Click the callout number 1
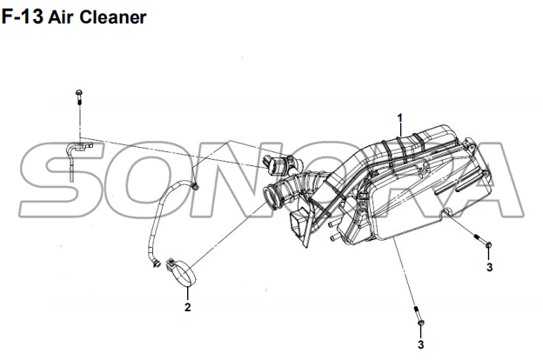401,117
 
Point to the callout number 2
187,306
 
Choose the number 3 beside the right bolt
489,268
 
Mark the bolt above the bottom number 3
419,317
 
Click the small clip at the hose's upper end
196,185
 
